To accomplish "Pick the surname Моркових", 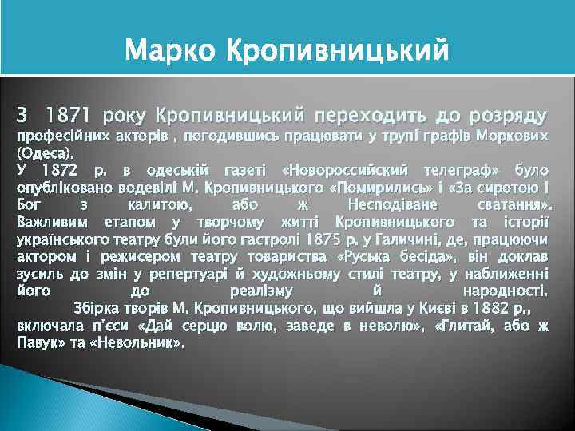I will tap(512, 137).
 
